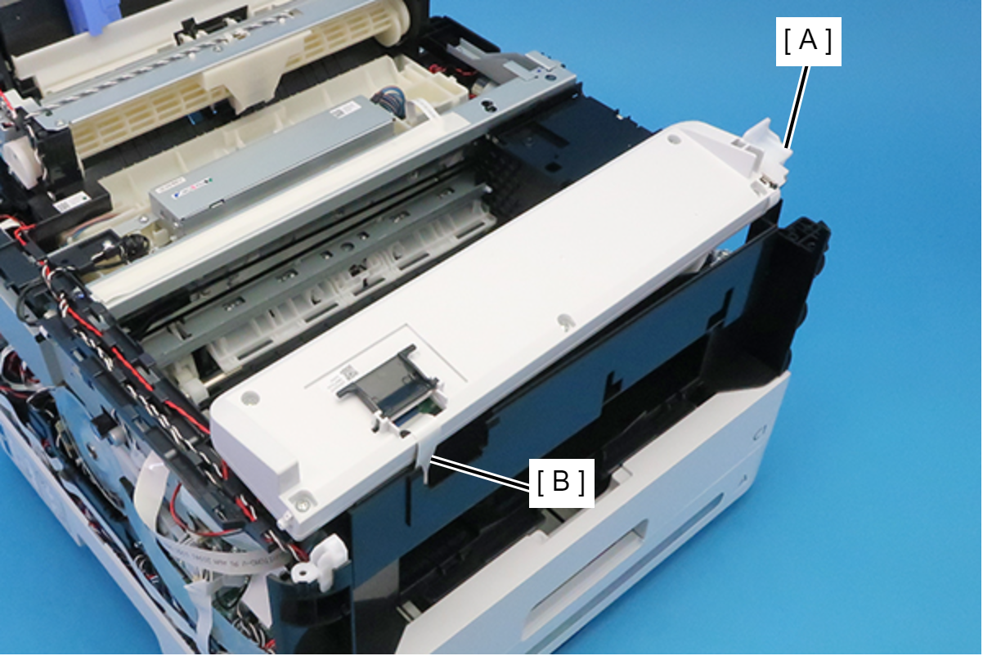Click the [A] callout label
click(808, 42)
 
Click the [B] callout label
click(562, 483)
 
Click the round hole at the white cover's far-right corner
click(674, 141)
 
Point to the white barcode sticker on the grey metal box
click(343, 110)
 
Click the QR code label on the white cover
click(347, 375)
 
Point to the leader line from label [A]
click(797, 106)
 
